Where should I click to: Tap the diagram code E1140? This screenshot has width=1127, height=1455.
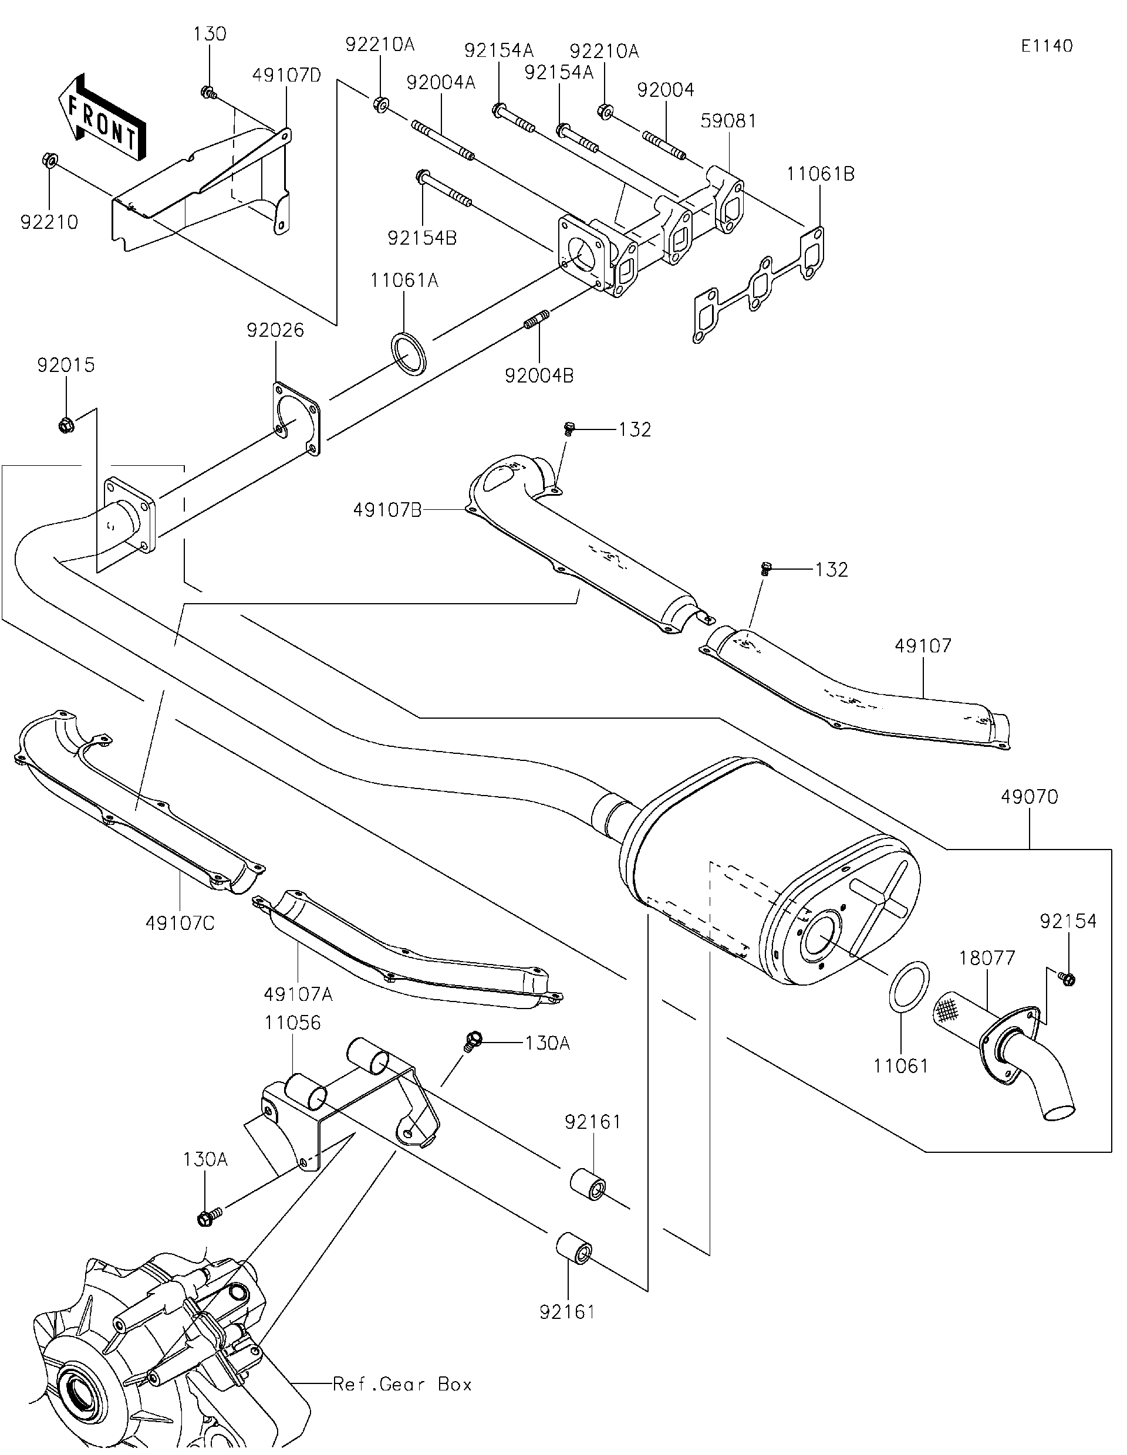pyautogui.click(x=1047, y=46)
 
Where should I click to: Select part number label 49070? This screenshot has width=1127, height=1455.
pyautogui.click(x=1029, y=796)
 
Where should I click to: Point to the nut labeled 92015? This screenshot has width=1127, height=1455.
pyautogui.click(x=66, y=423)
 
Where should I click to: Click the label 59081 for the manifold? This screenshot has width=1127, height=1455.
pyautogui.click(x=728, y=121)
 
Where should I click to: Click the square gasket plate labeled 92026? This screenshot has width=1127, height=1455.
pyautogui.click(x=296, y=418)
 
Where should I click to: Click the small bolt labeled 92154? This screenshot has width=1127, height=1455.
pyautogui.click(x=1067, y=978)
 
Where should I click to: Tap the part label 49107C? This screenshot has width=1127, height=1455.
pyautogui.click(x=180, y=923)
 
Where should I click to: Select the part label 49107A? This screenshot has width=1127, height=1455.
pyautogui.click(x=298, y=994)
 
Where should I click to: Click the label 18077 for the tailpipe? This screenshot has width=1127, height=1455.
pyautogui.click(x=987, y=958)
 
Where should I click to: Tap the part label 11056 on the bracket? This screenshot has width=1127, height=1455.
pyautogui.click(x=292, y=1023)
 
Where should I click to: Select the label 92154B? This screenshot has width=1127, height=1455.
pyautogui.click(x=422, y=238)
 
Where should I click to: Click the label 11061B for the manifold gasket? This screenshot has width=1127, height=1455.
pyautogui.click(x=820, y=173)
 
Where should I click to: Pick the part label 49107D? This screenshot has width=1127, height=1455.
pyautogui.click(x=286, y=75)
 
